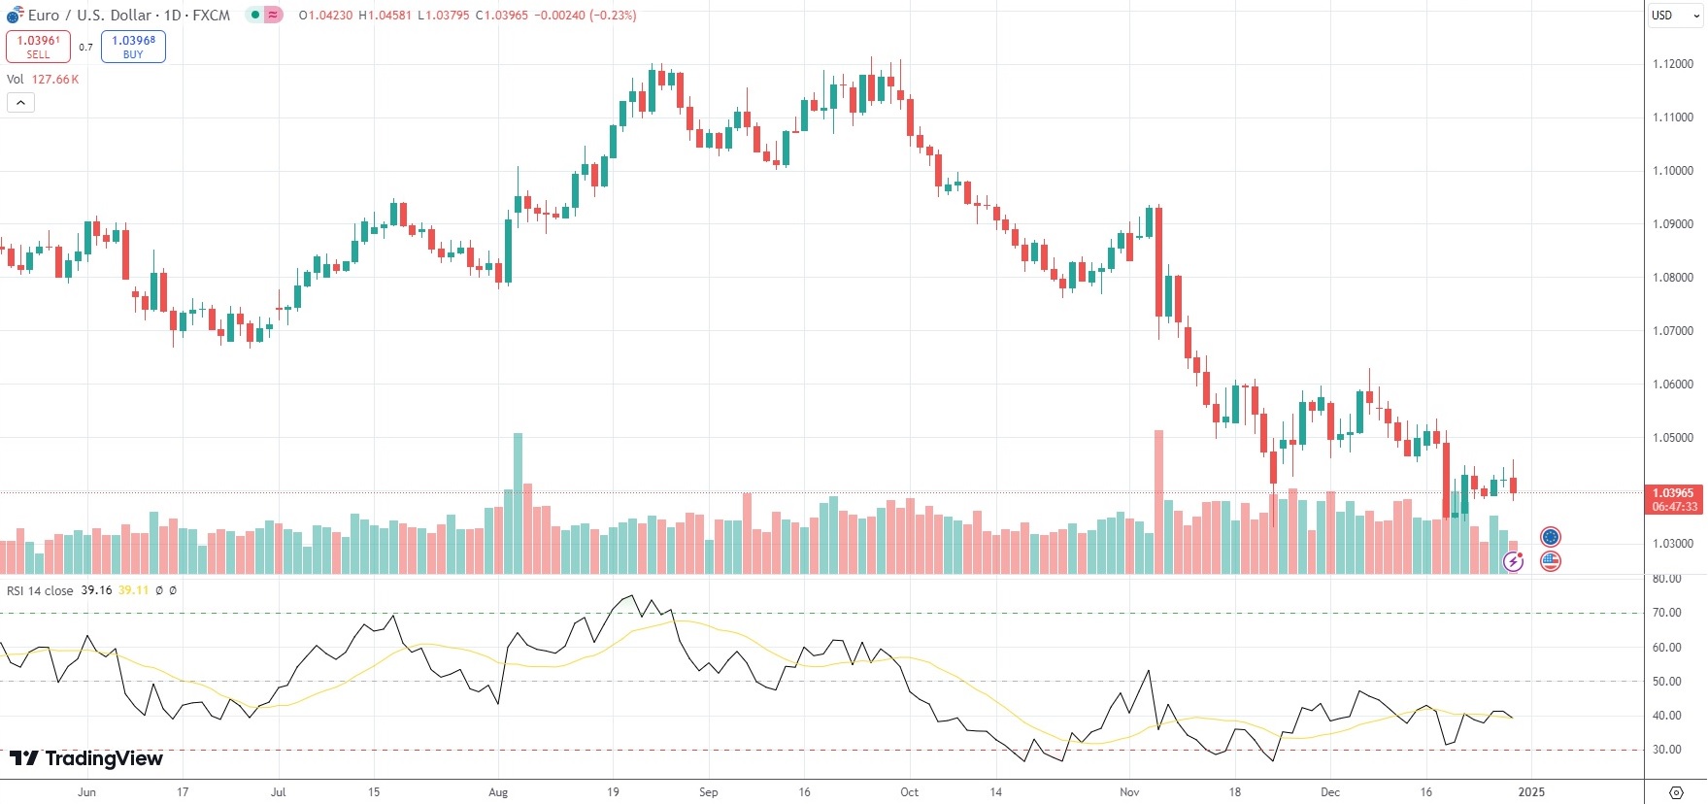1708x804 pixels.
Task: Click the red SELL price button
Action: pyautogui.click(x=38, y=47)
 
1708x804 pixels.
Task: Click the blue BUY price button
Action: pyautogui.click(x=133, y=47)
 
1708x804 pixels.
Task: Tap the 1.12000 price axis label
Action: pyautogui.click(x=1672, y=64)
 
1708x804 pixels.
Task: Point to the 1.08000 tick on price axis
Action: pyautogui.click(x=1672, y=278)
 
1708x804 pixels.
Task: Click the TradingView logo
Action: pyautogui.click(x=86, y=758)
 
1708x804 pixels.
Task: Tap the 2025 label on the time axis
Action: pyautogui.click(x=1530, y=792)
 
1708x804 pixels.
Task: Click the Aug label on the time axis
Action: pyautogui.click(x=498, y=792)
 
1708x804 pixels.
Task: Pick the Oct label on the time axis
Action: pyautogui.click(x=909, y=792)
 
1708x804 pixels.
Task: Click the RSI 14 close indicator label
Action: pyautogui.click(x=40, y=590)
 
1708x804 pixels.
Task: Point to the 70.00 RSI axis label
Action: pyautogui.click(x=1666, y=613)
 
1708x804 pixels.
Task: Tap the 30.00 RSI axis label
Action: pyautogui.click(x=1666, y=750)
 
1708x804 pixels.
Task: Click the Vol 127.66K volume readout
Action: pyautogui.click(x=43, y=80)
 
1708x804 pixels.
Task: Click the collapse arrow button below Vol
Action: pyautogui.click(x=20, y=102)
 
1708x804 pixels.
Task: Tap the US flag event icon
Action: pyautogui.click(x=1551, y=560)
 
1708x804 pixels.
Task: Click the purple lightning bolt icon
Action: pyautogui.click(x=1513, y=560)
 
